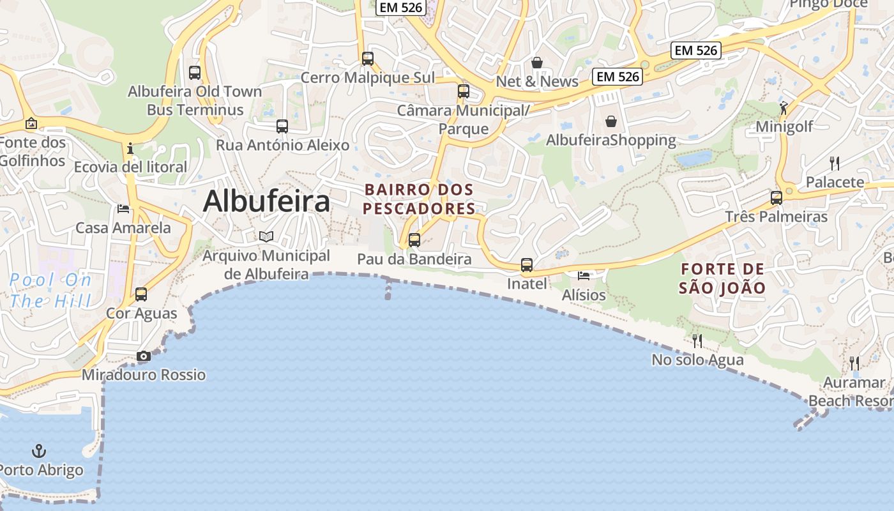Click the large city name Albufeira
(x=266, y=201)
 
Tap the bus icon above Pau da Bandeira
(x=414, y=240)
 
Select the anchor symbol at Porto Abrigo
(x=39, y=451)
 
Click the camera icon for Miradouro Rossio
(x=144, y=356)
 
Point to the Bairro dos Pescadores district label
(x=420, y=199)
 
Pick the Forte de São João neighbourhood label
(x=722, y=278)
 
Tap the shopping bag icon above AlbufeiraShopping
(x=611, y=121)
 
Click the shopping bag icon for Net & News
(x=537, y=63)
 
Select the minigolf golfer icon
(x=784, y=107)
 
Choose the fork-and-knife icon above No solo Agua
(x=697, y=340)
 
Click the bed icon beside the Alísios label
(x=584, y=276)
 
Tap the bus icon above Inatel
(x=527, y=264)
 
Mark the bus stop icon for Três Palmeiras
(x=777, y=197)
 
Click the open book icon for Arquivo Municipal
(x=266, y=237)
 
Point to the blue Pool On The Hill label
(x=51, y=290)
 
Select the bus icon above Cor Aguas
(x=141, y=294)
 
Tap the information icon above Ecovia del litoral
(x=131, y=148)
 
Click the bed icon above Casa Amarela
(x=123, y=209)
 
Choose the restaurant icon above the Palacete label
(x=834, y=163)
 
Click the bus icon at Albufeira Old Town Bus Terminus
(x=195, y=73)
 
